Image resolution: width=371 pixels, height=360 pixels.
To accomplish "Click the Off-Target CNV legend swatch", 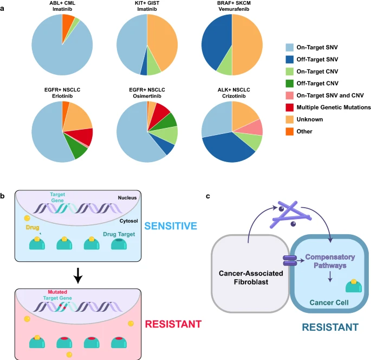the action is point(290,83).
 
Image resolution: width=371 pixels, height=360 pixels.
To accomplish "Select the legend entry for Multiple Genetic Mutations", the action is point(328,107).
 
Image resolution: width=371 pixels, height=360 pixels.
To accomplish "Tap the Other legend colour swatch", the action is point(290,131).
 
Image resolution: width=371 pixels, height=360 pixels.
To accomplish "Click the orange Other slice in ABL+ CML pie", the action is point(67,24).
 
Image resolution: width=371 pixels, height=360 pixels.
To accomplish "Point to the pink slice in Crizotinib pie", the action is point(255,128).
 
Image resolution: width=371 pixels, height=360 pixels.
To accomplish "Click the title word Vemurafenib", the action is point(234,9).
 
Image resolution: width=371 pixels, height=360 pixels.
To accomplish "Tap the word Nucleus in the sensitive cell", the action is point(127,198).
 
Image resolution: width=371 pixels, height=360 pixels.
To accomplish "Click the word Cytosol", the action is point(128,221).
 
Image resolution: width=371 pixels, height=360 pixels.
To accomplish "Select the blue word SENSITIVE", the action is point(171,226).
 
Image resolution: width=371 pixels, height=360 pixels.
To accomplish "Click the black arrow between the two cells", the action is point(78,275).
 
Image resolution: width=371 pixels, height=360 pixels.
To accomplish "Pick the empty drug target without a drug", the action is point(119,244).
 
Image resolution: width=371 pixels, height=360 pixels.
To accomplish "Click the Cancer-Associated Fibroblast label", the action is point(251,278).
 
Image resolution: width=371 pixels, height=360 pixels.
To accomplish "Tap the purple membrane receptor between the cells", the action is point(290,261).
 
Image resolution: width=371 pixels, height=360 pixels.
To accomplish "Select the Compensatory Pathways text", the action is point(330,261).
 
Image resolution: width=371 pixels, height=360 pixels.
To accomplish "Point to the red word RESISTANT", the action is point(173,324).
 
